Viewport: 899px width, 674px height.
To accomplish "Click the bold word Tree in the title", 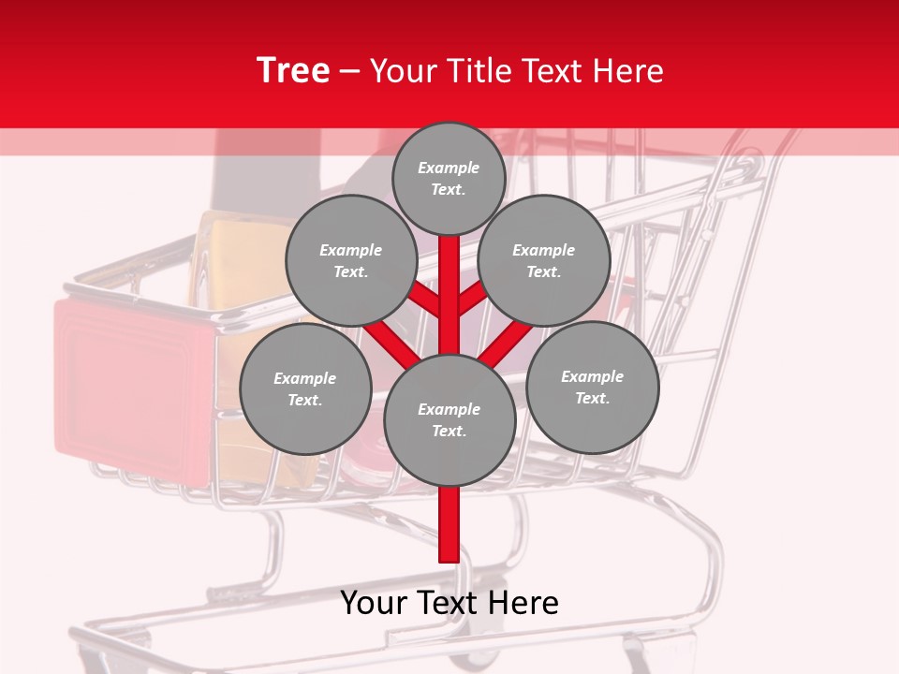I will [x=293, y=71].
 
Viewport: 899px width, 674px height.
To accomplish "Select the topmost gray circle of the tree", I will [x=449, y=178].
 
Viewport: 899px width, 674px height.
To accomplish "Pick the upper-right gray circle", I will [x=544, y=261].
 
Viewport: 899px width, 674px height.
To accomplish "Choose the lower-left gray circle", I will [x=305, y=388].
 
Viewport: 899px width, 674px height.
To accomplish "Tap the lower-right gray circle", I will [x=592, y=387].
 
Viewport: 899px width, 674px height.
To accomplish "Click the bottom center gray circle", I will [x=449, y=419].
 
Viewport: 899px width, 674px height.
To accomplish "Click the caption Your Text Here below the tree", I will [x=449, y=603].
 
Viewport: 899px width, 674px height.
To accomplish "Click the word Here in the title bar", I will [x=633, y=71].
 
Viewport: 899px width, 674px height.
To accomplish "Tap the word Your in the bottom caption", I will [x=374, y=603].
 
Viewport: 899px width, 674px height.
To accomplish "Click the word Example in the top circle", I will [x=449, y=168].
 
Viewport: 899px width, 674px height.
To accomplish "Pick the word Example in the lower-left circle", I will [x=304, y=378].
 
